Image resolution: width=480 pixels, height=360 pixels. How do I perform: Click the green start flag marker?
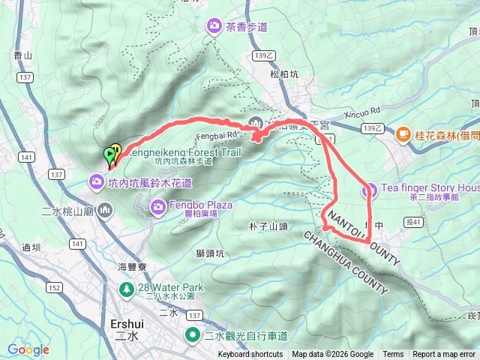click(109, 154)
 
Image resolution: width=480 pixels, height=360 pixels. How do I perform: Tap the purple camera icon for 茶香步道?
click(215, 27)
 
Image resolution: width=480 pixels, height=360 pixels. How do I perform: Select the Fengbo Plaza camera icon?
click(158, 205)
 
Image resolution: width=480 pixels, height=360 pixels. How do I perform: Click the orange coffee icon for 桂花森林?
click(403, 134)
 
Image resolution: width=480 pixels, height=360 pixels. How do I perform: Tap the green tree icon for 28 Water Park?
click(127, 288)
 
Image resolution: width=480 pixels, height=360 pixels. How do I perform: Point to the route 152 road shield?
click(55, 287)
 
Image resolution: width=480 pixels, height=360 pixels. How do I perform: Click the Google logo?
click(28, 349)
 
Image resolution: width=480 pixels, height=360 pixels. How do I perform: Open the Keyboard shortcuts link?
click(250, 355)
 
